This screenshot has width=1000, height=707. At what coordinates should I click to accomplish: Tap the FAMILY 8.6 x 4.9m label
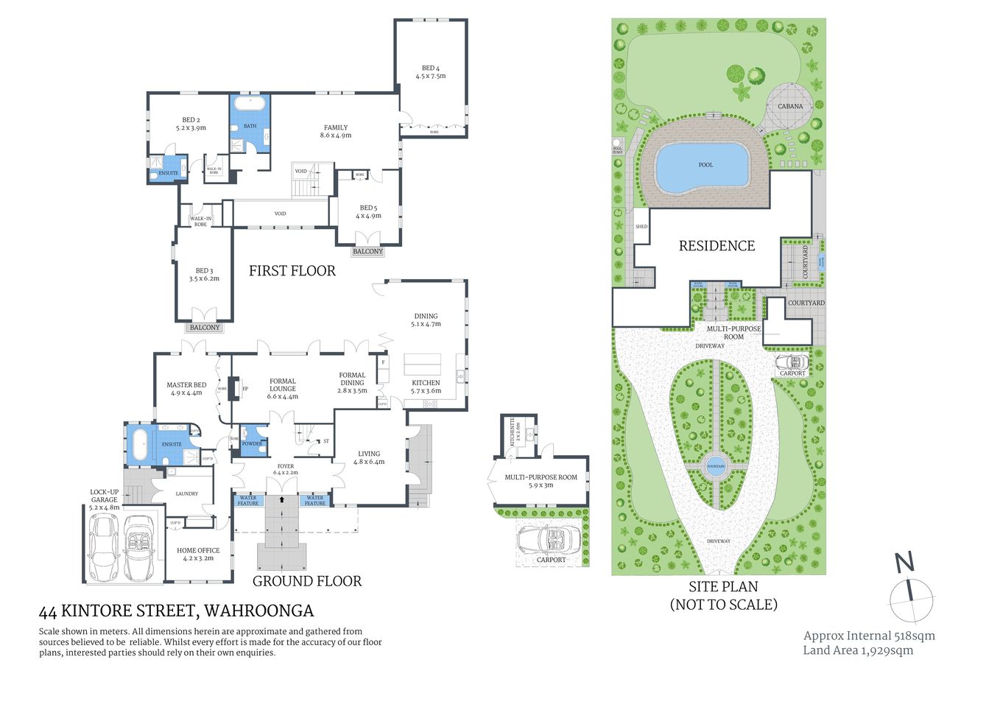pyautogui.click(x=335, y=131)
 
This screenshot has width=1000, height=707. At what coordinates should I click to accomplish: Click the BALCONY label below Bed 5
pyautogui.click(x=367, y=251)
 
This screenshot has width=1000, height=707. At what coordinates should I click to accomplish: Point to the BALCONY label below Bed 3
pyautogui.click(x=205, y=327)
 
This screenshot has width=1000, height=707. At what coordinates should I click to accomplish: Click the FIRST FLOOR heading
pyautogui.click(x=292, y=271)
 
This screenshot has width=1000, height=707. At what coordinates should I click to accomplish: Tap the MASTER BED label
pyautogui.click(x=186, y=388)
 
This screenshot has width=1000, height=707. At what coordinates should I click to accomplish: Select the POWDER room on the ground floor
pyautogui.click(x=253, y=443)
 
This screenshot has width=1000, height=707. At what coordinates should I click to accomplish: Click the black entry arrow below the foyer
pyautogui.click(x=281, y=499)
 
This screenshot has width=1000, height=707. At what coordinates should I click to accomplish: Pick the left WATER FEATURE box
pyautogui.click(x=248, y=500)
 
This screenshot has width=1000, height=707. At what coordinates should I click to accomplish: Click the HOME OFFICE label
pyautogui.click(x=198, y=554)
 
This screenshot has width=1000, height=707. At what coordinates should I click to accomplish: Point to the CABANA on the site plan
pyautogui.click(x=790, y=107)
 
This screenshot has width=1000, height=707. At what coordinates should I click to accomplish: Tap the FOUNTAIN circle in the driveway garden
pyautogui.click(x=716, y=466)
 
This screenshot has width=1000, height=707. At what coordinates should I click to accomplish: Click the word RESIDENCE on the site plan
pyautogui.click(x=716, y=246)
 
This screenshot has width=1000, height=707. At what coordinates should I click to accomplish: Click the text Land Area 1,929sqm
pyautogui.click(x=858, y=650)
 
